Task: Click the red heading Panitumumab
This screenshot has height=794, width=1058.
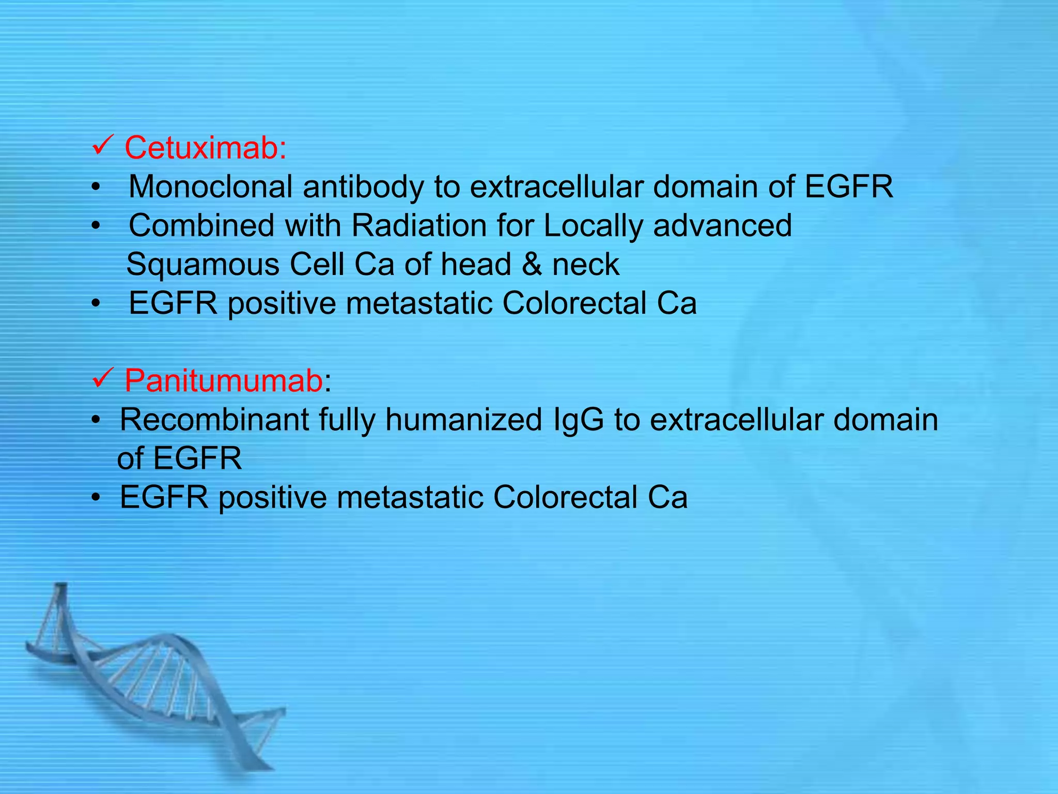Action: click(x=223, y=381)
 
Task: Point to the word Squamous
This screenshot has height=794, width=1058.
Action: click(x=203, y=265)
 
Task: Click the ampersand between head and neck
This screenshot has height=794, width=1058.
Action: click(x=532, y=265)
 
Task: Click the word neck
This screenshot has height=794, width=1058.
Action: click(x=586, y=265)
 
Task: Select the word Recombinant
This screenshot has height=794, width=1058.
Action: click(x=214, y=420)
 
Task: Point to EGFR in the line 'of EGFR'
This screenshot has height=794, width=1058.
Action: click(x=197, y=459)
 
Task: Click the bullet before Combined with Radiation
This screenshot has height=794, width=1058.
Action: click(x=96, y=227)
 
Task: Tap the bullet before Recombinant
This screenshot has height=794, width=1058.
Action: click(x=96, y=421)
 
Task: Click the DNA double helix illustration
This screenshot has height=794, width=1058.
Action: click(x=155, y=682)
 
